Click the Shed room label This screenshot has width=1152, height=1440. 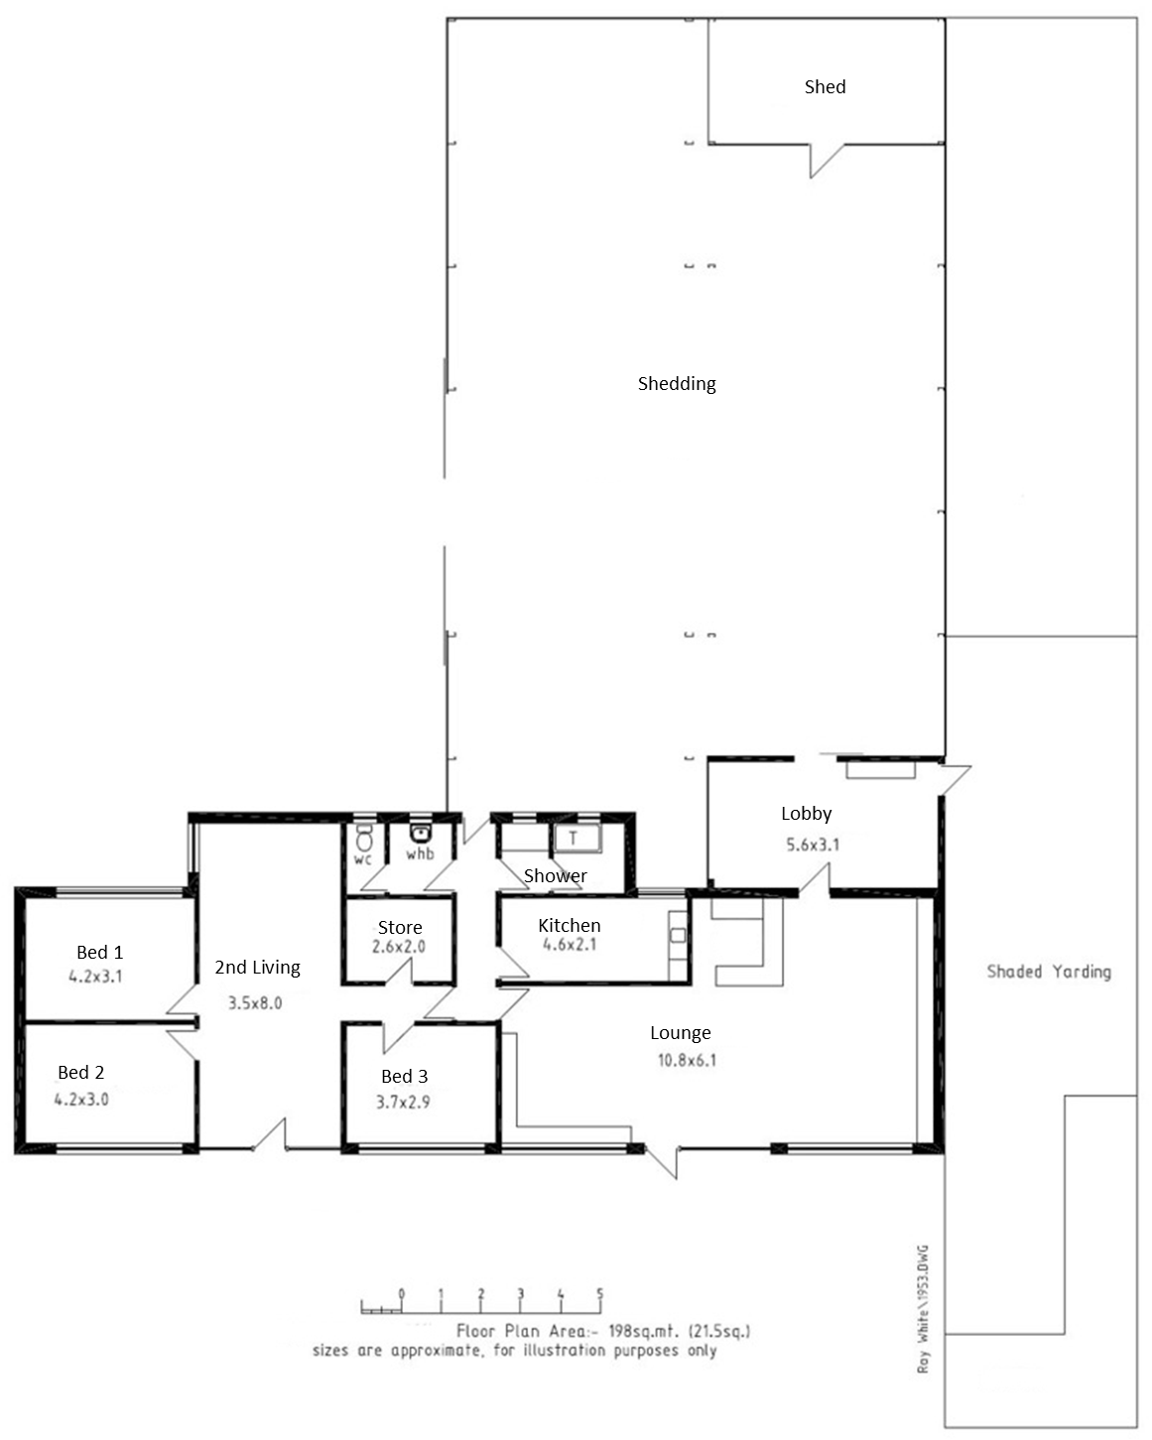point(825,87)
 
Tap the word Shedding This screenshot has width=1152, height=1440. point(677,384)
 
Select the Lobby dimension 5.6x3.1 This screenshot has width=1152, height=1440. point(812,845)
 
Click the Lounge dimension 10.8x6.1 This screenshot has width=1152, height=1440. point(687,1060)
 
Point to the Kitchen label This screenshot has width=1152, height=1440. point(569,925)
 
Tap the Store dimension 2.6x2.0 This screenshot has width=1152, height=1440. point(399,946)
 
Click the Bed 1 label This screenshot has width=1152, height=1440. point(99,952)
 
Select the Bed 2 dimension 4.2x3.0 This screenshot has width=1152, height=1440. point(81,1100)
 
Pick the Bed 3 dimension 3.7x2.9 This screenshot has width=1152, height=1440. point(403,1103)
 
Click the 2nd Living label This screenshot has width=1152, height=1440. point(257,968)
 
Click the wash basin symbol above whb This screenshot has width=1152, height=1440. point(420,833)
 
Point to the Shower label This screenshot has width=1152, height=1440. point(555,876)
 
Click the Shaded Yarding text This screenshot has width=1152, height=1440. point(1048,972)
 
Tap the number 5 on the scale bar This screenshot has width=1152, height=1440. point(599,1293)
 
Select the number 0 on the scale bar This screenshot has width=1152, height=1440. point(401,1293)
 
